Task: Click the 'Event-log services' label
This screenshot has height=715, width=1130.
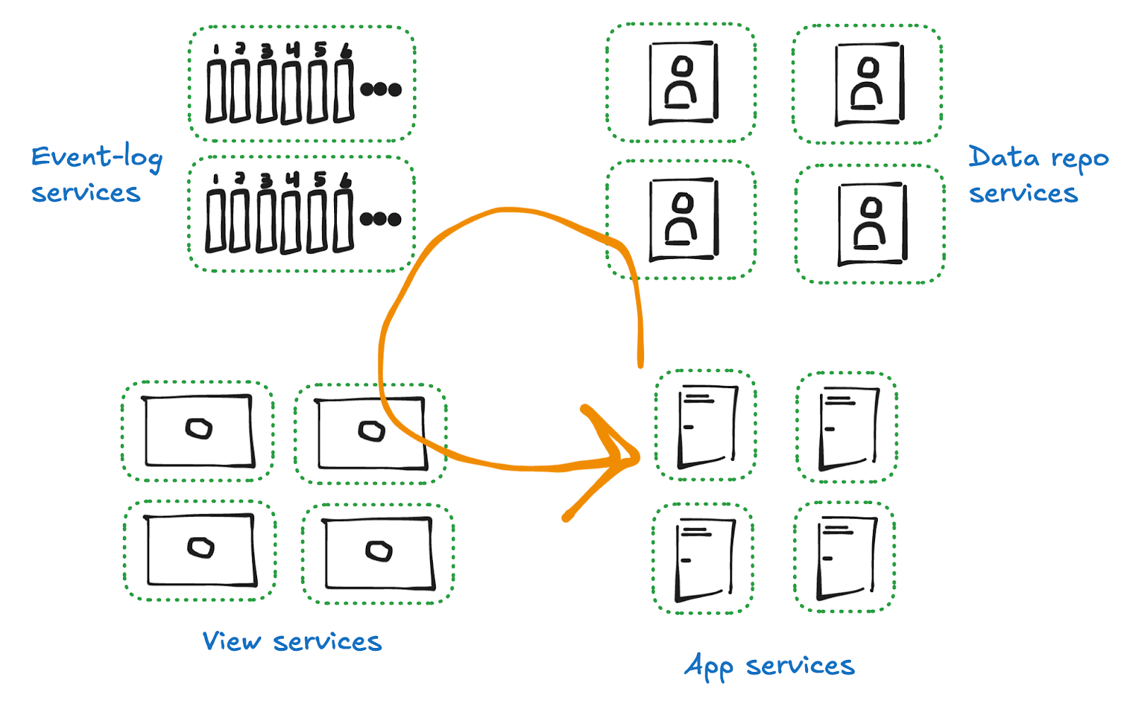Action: pos(96,174)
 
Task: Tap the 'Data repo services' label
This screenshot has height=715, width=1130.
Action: pos(1037,175)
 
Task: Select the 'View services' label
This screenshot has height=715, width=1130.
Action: pos(292,642)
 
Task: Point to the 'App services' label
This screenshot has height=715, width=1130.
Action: pos(769,666)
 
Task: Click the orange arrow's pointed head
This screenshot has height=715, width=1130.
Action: pos(632,457)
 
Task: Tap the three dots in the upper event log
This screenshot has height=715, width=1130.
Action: pos(381,90)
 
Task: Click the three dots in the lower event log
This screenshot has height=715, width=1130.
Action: pos(381,220)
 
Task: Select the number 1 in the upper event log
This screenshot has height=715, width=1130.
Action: pos(216,49)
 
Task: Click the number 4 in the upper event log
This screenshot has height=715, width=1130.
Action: pos(293,49)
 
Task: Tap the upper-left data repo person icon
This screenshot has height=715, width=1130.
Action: pos(683,83)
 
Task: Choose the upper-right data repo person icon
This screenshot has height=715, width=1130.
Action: pos(869,84)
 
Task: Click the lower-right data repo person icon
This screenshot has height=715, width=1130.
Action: pos(872,224)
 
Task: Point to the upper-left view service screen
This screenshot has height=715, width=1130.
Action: pos(198,431)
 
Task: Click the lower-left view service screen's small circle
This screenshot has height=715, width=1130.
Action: pos(201,547)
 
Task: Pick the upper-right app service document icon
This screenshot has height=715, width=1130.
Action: pos(847,428)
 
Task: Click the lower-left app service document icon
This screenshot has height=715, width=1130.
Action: pos(704,560)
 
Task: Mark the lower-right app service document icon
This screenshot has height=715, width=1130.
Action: pos(845,558)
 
